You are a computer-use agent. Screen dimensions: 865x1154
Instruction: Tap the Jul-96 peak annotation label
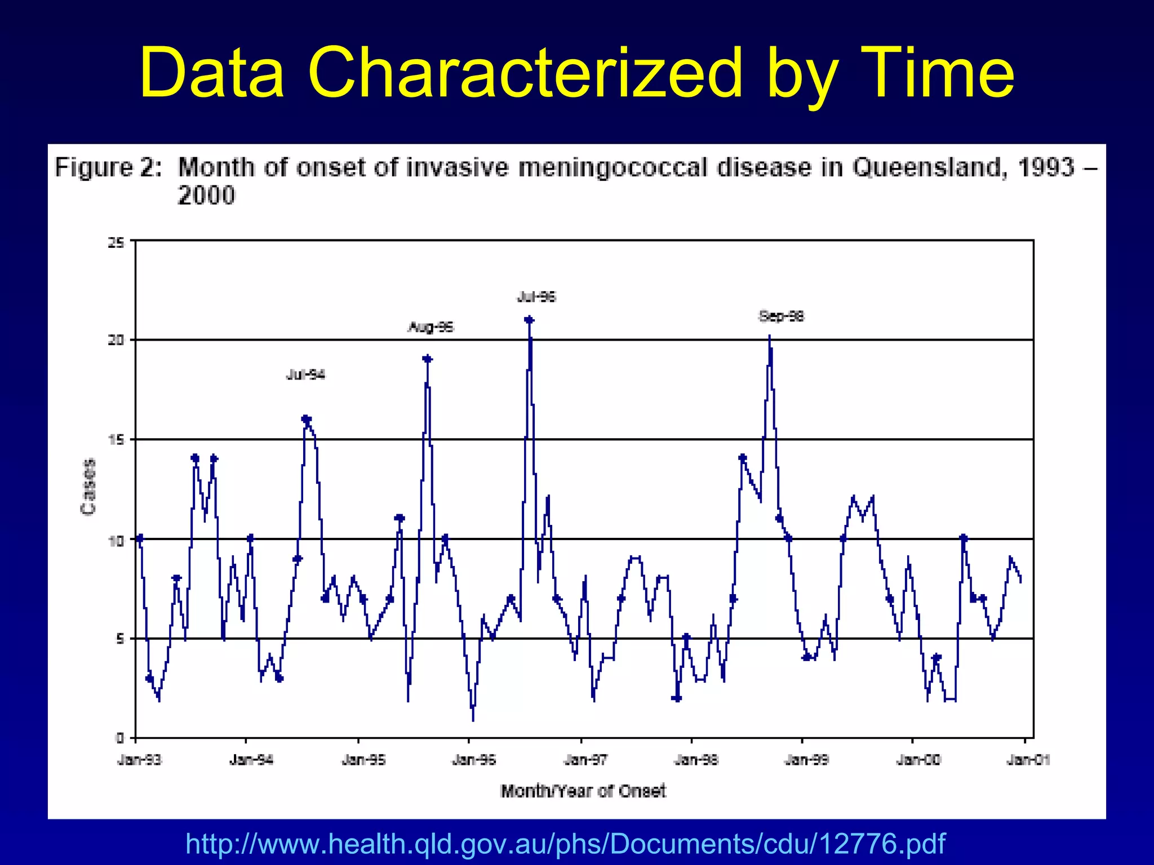(536, 297)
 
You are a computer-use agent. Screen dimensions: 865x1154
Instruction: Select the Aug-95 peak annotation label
(430, 327)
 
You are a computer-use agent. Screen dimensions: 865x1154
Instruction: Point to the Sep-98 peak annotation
(781, 316)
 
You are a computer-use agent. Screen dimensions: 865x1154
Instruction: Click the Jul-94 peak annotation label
(305, 375)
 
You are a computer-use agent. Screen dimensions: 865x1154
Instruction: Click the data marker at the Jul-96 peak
(529, 320)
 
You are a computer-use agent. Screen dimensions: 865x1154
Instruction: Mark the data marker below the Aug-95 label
(427, 359)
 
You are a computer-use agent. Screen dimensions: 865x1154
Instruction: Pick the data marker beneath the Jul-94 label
(306, 420)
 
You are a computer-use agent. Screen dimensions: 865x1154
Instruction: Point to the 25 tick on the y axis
(116, 243)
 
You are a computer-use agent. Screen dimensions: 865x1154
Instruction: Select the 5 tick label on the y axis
(119, 639)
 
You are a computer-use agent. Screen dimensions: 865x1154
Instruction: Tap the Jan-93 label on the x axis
(139, 760)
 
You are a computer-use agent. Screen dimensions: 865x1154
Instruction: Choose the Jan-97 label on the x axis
(585, 760)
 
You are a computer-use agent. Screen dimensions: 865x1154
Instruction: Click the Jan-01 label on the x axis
(1028, 760)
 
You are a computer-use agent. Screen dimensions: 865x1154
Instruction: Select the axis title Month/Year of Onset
(583, 791)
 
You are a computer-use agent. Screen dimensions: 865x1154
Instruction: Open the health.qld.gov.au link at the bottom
(565, 844)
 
